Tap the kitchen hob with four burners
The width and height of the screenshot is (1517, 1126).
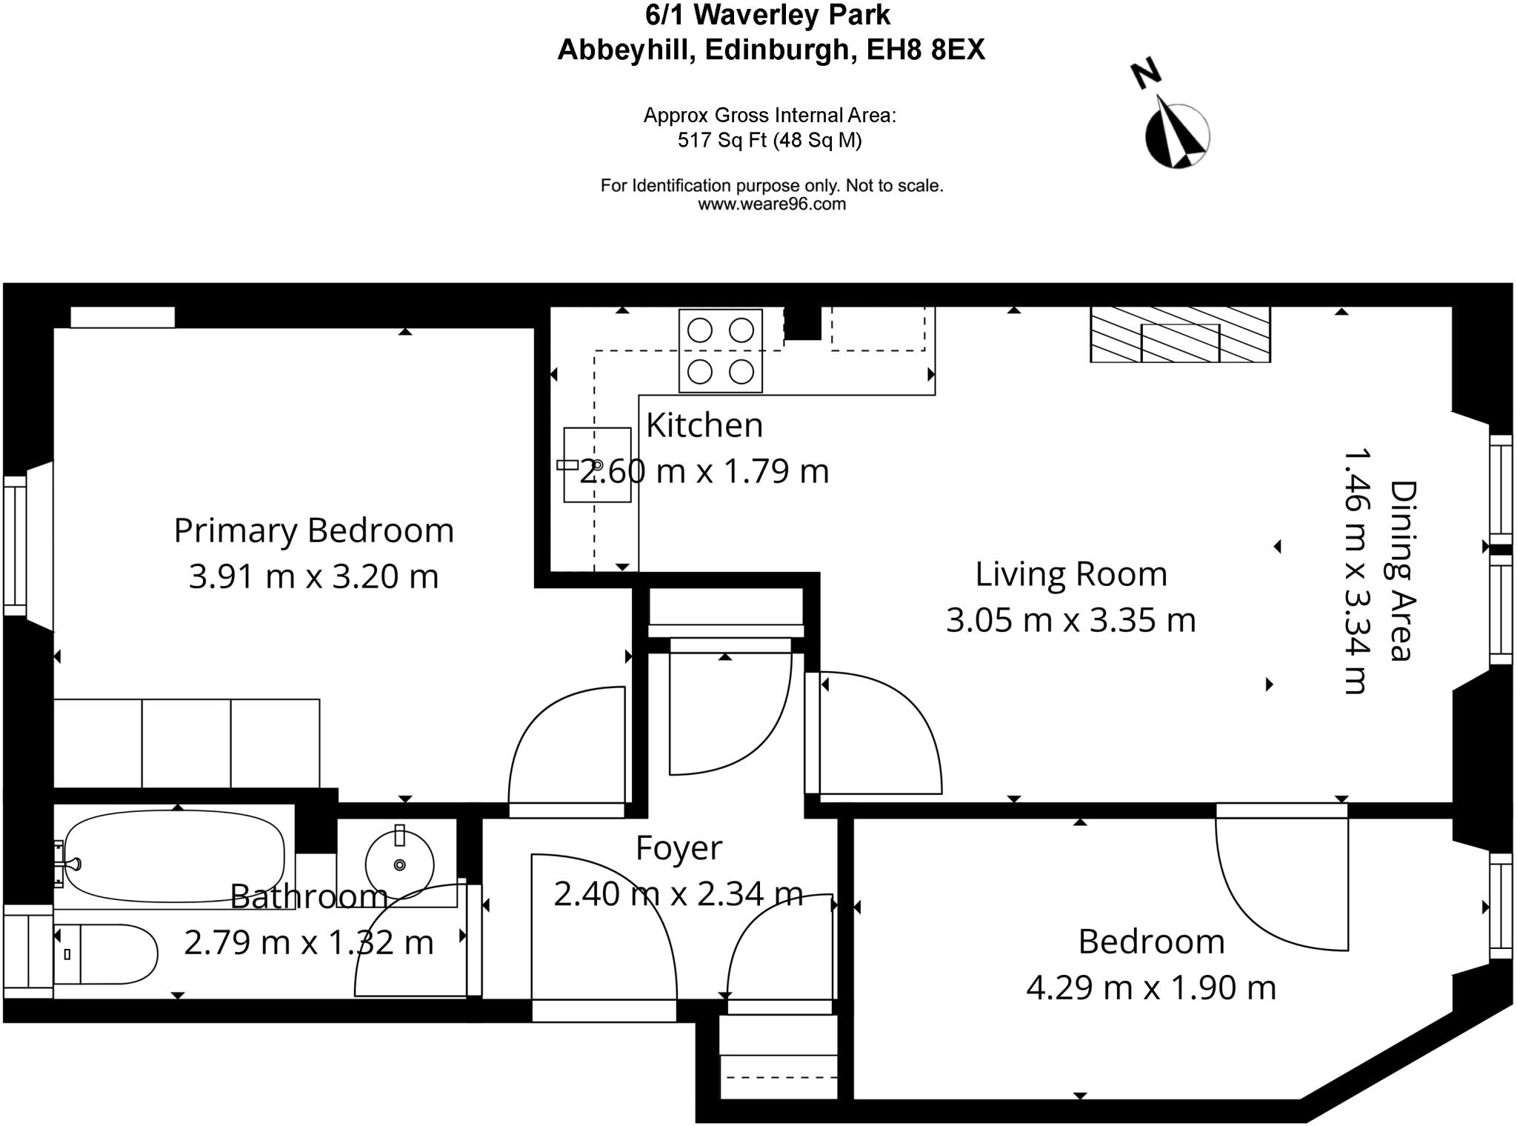[x=720, y=350]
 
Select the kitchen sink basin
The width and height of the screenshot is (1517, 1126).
[x=597, y=464]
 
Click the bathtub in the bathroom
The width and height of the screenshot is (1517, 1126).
[x=174, y=857]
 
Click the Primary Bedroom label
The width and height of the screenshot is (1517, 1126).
[x=313, y=530]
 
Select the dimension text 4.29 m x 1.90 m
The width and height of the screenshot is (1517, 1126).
[x=1150, y=987]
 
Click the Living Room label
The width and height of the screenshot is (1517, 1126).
[x=1070, y=574]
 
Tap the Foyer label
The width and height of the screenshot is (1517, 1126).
[x=679, y=848]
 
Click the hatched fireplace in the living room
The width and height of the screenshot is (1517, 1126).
[x=1180, y=335]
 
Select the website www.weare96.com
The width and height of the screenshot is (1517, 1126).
[x=771, y=204]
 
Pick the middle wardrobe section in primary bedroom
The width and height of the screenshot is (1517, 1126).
[x=186, y=743]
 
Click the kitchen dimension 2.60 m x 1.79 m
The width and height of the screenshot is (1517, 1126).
[x=704, y=472]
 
